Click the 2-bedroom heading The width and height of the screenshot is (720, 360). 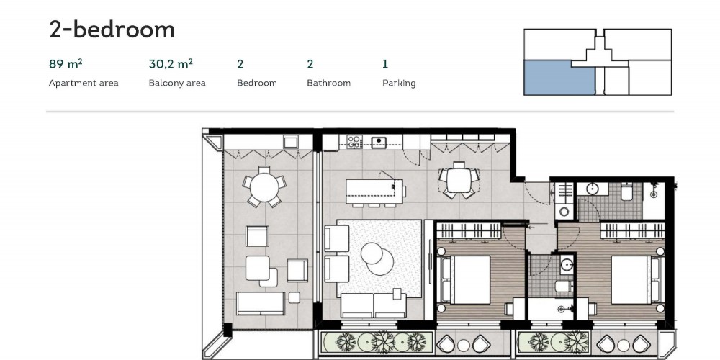[x=112, y=30]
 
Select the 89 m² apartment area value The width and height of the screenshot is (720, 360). [x=66, y=64]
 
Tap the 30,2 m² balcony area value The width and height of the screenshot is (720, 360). [x=171, y=64]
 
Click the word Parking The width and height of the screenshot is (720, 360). [x=399, y=83]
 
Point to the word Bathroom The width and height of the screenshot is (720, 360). [x=329, y=83]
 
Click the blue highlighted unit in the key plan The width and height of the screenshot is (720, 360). [x=559, y=78]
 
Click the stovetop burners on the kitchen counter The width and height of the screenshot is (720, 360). [x=354, y=141]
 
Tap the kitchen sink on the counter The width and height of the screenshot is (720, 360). [x=379, y=143]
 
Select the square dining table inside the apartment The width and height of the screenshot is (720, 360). [x=459, y=181]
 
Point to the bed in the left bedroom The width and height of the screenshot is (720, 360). [x=465, y=279]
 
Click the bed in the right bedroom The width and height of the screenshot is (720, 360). [x=636, y=279]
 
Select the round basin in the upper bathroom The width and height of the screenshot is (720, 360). [x=593, y=188]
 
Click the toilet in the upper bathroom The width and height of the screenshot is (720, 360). [x=627, y=192]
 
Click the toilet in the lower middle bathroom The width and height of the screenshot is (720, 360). [x=563, y=287]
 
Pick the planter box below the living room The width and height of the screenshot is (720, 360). [x=377, y=342]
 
